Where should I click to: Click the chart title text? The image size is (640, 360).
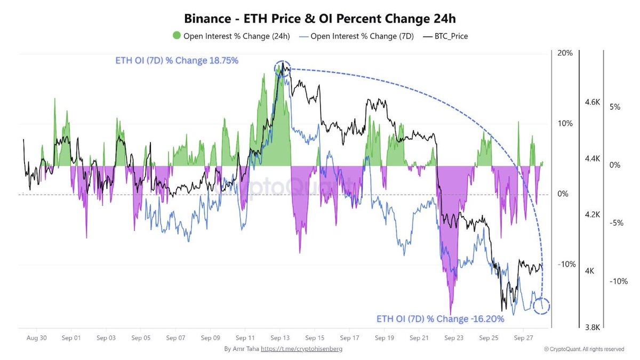pos(320,18)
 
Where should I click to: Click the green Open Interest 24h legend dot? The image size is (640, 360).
pos(177,36)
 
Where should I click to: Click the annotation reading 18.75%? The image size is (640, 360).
pos(177,61)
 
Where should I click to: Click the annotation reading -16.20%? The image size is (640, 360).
pos(440,319)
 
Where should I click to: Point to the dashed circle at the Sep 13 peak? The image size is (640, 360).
pos(283,68)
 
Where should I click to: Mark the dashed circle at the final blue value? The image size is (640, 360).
pos(542,306)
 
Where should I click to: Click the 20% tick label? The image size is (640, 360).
pos(565,53)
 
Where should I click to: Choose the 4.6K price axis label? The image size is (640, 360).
pos(594,101)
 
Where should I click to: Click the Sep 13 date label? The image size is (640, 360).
pos(279,338)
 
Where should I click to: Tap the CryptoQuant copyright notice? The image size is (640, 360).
pos(584,349)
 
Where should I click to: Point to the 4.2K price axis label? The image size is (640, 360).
pos(594,214)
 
